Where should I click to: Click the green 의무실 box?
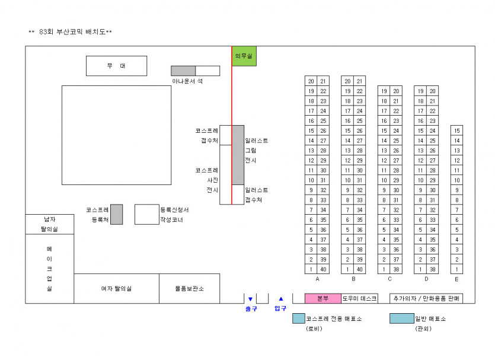tap(244, 56)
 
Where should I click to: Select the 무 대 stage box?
tap(116, 66)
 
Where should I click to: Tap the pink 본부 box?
tap(322, 298)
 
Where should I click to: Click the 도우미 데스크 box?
tap(359, 298)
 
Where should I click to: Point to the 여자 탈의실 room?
tap(116, 288)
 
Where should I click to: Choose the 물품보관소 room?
tap(189, 288)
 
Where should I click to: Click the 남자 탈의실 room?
tap(49, 224)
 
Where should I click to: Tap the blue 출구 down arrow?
tap(250, 299)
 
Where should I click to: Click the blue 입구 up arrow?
tap(281, 299)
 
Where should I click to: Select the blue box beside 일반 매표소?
tap(401, 318)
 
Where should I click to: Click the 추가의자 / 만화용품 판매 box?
tap(426, 298)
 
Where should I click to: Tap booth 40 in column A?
tap(323, 269)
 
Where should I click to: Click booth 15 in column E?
tap(456, 130)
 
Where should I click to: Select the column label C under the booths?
tap(389, 279)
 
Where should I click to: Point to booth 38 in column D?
tap(433, 269)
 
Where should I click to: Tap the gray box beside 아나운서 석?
tap(183, 71)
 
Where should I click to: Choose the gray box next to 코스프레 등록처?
tap(117, 214)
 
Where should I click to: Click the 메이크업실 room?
tap(49, 268)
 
